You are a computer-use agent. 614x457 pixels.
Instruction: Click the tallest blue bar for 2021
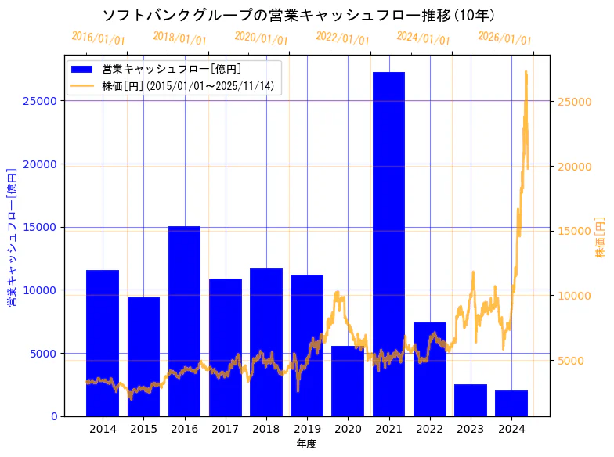388,243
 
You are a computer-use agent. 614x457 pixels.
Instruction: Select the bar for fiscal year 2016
184,321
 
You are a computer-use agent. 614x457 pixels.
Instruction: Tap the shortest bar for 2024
511,403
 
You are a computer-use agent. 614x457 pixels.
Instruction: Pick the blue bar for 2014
103,343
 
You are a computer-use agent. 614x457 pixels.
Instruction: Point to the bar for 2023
471,400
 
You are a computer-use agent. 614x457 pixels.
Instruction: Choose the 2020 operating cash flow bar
348,380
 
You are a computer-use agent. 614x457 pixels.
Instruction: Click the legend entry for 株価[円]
188,86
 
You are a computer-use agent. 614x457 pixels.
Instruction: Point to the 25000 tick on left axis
42,101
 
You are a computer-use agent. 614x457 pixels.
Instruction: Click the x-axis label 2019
307,429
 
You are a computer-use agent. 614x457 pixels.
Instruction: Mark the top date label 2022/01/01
342,38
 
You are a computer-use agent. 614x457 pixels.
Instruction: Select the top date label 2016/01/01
98,38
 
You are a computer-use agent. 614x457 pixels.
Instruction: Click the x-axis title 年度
307,444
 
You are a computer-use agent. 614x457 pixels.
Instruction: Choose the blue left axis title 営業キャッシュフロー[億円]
12,236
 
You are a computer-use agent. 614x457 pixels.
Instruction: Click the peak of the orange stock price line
526,72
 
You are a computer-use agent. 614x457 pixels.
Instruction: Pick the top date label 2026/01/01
504,38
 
